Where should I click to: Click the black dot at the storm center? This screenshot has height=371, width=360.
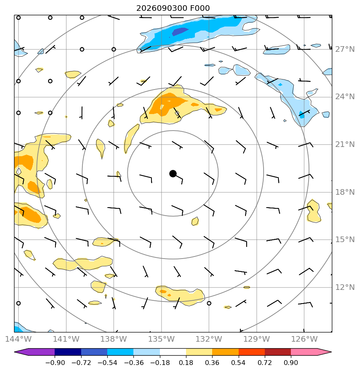click(173, 174)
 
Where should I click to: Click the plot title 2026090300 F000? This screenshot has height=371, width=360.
click(173, 8)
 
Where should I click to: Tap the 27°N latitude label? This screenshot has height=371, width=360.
click(345, 49)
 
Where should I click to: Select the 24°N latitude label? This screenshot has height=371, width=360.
click(345, 97)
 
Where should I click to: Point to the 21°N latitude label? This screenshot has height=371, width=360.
click(345, 144)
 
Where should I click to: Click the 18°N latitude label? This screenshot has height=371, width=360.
click(345, 192)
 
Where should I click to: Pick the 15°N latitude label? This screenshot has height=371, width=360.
click(345, 240)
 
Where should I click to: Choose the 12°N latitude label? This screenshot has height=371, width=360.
click(345, 287)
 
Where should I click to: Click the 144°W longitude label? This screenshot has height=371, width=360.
click(18, 339)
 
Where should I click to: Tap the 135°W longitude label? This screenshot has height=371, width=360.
click(161, 339)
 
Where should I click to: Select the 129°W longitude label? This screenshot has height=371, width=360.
click(256, 339)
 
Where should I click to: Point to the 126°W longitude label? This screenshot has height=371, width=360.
click(304, 339)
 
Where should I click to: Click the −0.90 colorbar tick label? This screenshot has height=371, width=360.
click(55, 363)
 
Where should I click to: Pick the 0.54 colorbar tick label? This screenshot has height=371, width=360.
click(239, 363)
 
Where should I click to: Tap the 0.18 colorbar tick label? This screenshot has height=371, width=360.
click(186, 363)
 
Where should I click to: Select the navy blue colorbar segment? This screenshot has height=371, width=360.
click(68, 352)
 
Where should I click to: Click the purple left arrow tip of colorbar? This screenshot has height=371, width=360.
click(15, 352)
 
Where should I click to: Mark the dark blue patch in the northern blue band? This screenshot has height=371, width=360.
click(180, 31)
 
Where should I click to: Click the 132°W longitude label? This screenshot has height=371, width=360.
click(209, 339)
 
